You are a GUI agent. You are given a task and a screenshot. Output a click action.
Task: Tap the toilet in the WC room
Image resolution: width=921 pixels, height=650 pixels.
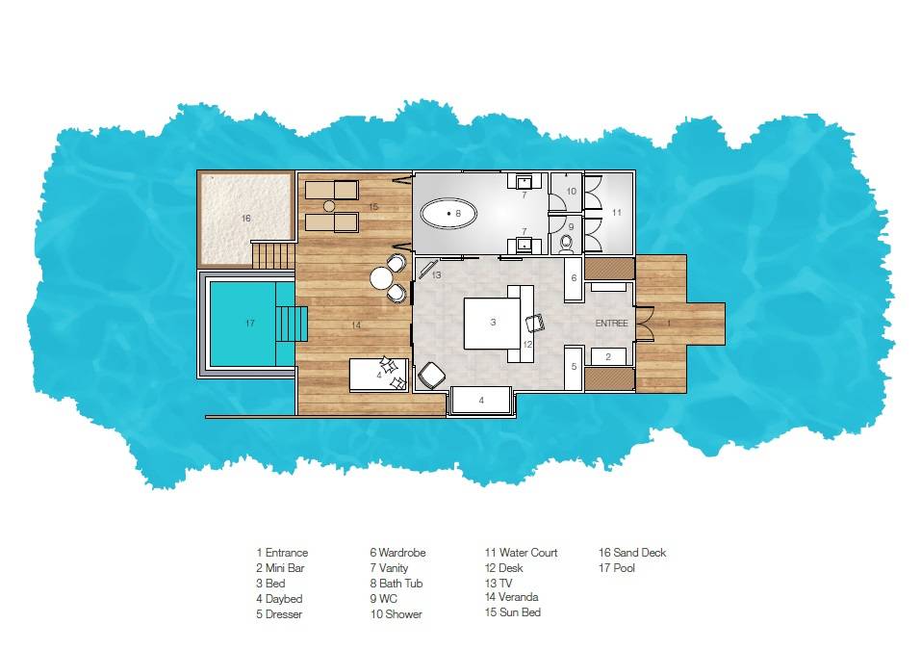tap(567, 242)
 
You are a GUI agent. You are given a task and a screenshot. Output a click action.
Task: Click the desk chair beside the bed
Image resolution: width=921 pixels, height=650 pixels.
tap(534, 328)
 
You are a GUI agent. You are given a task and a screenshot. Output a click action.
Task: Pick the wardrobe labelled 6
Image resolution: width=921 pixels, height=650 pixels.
tap(575, 277)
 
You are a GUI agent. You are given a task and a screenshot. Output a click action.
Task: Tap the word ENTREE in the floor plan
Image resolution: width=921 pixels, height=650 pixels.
tap(611, 323)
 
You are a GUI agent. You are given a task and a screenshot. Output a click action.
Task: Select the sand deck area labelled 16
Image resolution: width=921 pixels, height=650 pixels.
tap(244, 219)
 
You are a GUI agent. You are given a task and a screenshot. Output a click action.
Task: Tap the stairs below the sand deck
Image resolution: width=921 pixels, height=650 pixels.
tap(273, 256)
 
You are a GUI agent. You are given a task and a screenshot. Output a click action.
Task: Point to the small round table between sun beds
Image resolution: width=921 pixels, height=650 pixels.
tap(328, 206)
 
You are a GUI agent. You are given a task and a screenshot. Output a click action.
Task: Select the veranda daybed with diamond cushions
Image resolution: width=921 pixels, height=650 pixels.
tap(378, 373)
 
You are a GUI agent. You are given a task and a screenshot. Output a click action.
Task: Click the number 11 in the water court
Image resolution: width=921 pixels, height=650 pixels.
tap(617, 211)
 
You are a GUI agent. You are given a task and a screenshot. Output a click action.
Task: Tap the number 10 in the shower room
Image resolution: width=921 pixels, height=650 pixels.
tap(571, 192)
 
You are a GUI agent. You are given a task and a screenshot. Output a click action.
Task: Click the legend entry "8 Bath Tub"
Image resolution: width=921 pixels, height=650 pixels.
tap(396, 584)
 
